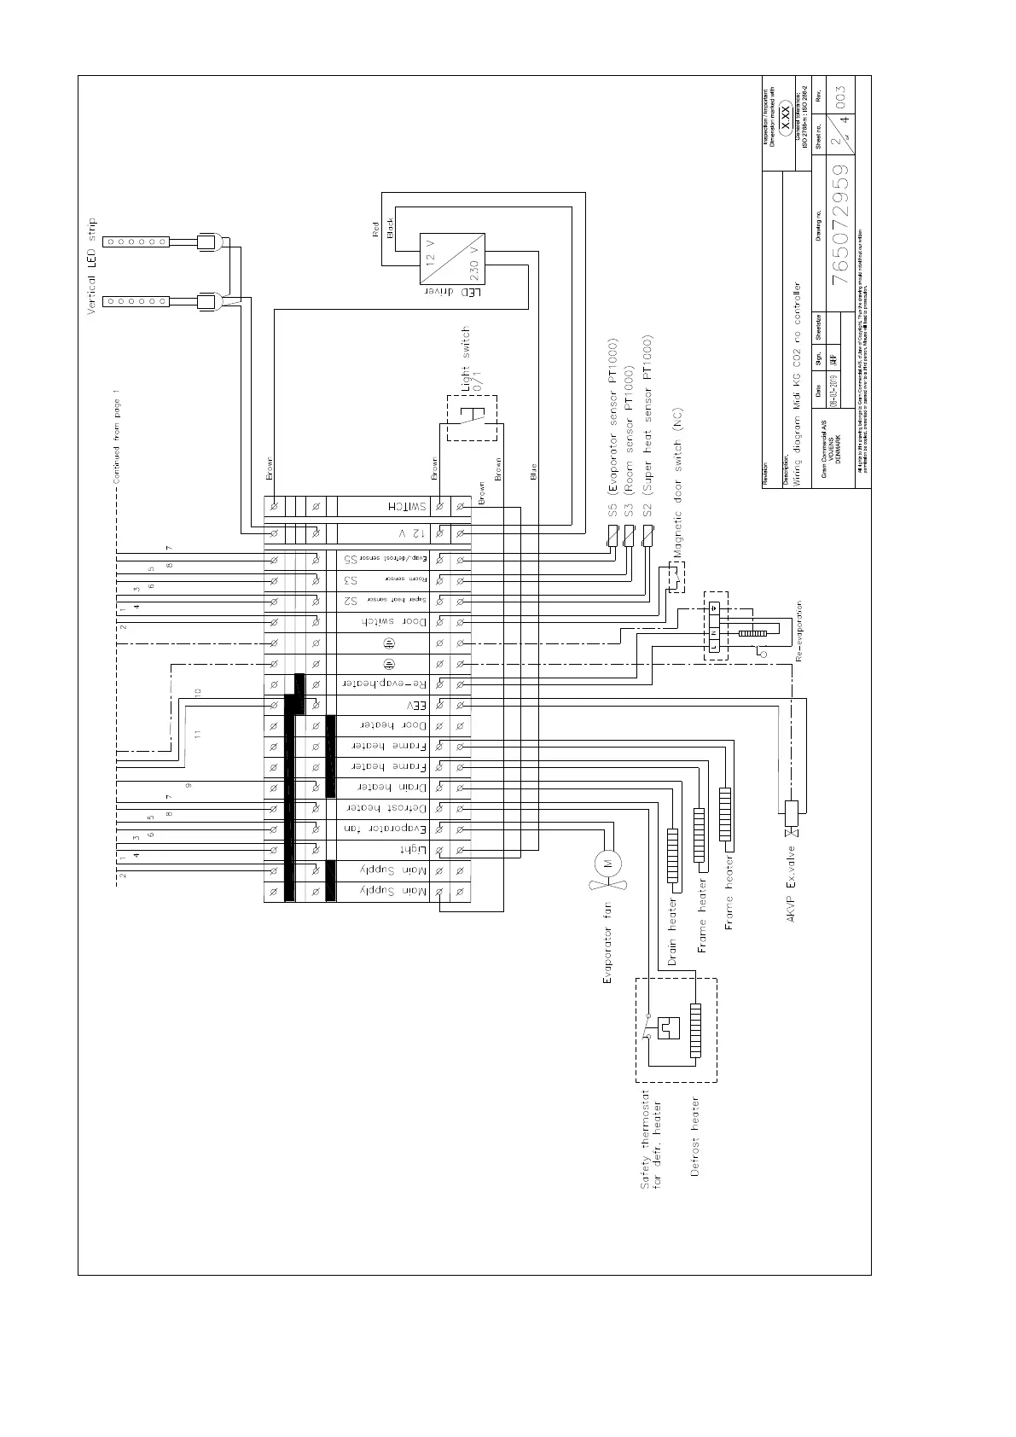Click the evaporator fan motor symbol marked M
[608, 863]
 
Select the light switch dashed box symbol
[472, 418]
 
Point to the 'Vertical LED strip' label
[93, 267]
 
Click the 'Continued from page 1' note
[116, 437]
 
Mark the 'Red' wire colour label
[375, 230]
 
